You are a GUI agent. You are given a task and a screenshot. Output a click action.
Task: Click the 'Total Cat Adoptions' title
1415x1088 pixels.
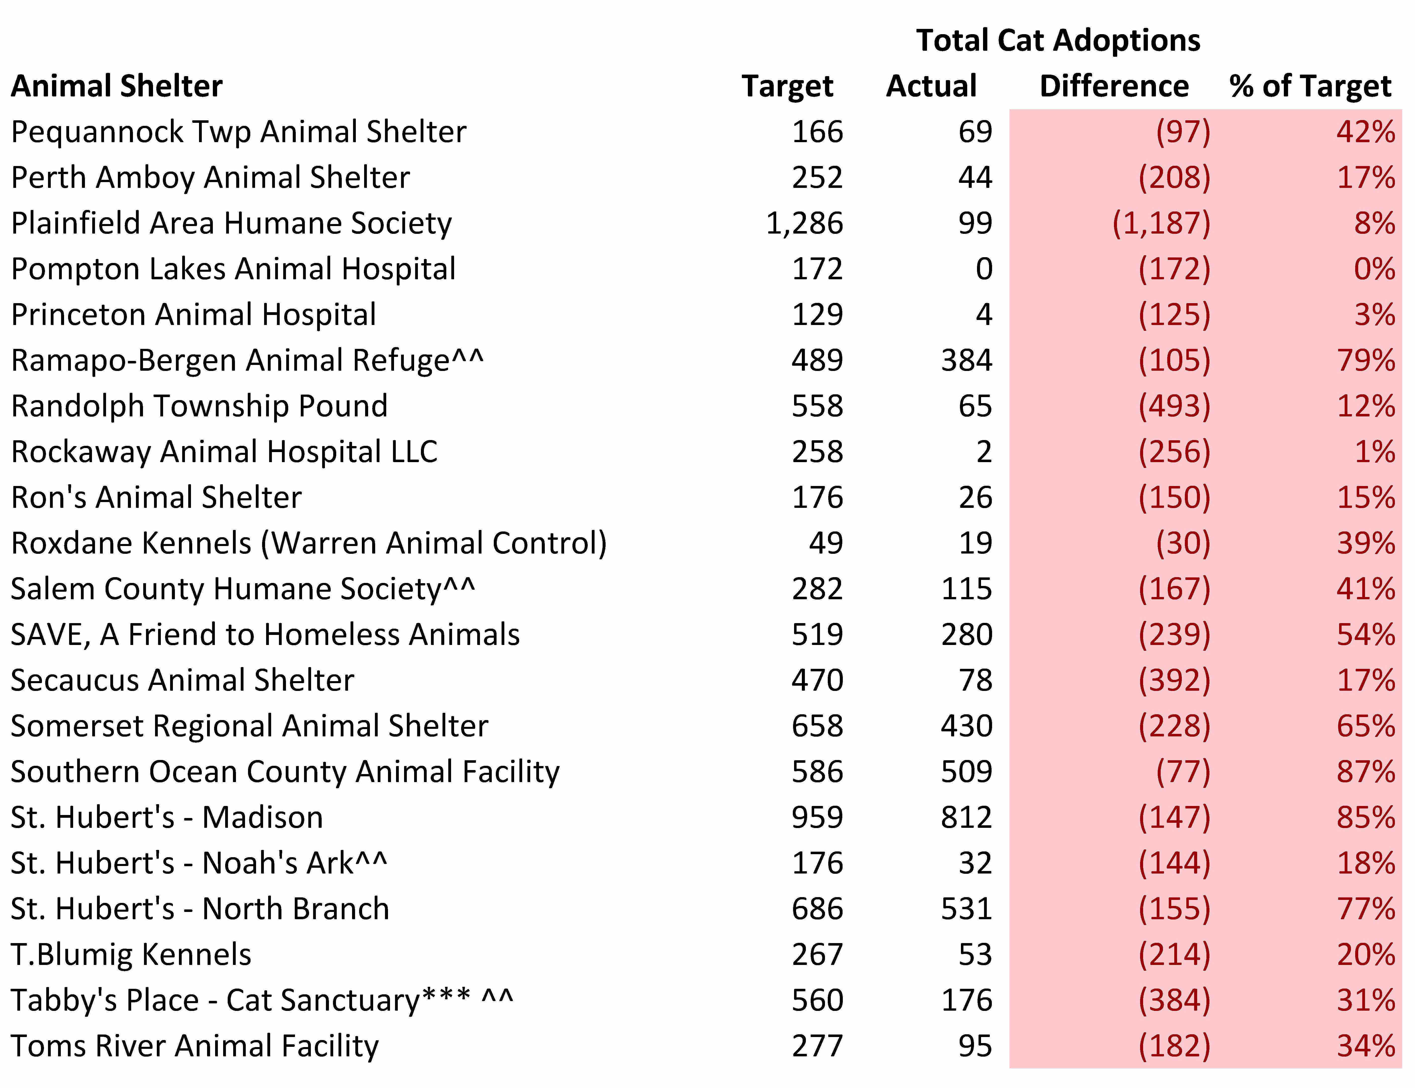pos(1058,40)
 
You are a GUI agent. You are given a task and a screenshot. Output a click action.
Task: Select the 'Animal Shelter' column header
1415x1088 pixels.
pos(117,86)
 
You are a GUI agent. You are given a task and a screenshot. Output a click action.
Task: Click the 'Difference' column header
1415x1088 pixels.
pos(1114,86)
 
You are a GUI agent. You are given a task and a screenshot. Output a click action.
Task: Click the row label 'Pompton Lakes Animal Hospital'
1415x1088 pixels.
pos(233,269)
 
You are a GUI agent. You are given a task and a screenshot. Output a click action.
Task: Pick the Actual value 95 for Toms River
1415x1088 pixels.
pos(975,1046)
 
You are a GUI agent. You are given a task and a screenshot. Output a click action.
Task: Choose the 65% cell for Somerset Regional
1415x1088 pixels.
pos(1366,726)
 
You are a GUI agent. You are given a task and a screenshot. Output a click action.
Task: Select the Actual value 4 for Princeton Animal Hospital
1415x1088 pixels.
pos(984,315)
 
